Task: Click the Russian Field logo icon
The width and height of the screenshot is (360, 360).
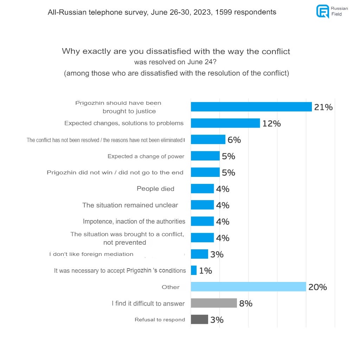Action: click(x=322, y=11)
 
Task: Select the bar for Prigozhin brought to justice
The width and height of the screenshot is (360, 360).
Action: click(x=251, y=107)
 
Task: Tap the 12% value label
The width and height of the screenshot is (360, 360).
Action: click(x=271, y=123)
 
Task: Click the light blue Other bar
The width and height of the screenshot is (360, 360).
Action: click(x=248, y=287)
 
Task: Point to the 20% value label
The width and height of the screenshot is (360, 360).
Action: click(x=317, y=287)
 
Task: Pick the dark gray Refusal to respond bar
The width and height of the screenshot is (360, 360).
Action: click(x=199, y=320)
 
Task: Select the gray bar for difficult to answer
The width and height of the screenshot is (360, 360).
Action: click(x=214, y=303)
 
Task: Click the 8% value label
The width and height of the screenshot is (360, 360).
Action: click(x=246, y=303)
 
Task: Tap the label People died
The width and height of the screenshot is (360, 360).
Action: click(x=155, y=189)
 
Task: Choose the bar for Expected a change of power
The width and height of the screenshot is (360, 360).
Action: click(x=205, y=156)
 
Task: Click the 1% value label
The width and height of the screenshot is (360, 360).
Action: click(x=206, y=271)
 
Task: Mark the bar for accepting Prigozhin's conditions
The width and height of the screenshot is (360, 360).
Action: click(x=194, y=270)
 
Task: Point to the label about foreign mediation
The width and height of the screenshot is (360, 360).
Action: click(x=91, y=254)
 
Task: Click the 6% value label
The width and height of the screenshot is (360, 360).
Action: click(x=234, y=140)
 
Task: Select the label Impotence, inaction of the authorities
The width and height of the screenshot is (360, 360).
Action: click(x=134, y=221)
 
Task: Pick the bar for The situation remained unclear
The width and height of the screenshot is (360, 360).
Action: click(x=202, y=205)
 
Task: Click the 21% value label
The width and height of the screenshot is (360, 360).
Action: click(x=323, y=107)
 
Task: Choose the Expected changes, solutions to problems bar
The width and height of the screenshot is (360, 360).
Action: click(x=225, y=123)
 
